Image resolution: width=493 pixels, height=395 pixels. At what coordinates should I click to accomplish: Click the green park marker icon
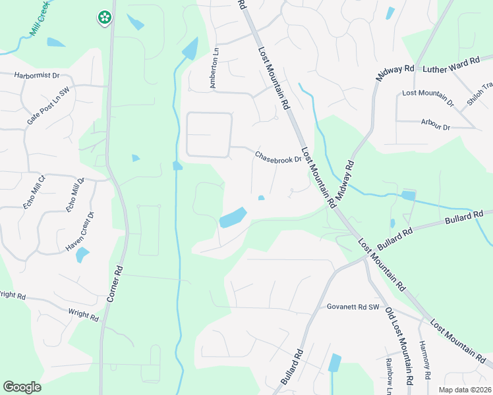[x=104, y=18]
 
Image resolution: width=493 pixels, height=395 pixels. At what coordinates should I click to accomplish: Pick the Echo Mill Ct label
[x=33, y=192]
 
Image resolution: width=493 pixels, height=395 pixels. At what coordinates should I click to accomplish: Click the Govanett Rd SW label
[x=354, y=307]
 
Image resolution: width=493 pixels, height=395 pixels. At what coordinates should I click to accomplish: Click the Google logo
[x=22, y=387]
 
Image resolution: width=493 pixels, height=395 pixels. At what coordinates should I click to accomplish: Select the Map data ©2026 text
[x=465, y=390]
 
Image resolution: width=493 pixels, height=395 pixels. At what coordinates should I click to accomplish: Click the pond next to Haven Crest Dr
[x=82, y=254]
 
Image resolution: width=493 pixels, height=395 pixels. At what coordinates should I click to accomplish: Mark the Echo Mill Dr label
[x=74, y=195]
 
